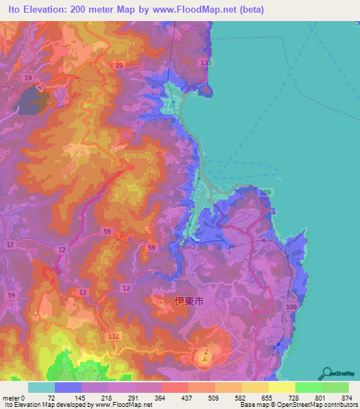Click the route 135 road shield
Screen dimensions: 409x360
pyautogui.click(x=205, y=63)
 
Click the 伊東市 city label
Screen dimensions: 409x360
pyautogui.click(x=189, y=301)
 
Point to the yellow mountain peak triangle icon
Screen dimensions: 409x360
pyautogui.click(x=205, y=360)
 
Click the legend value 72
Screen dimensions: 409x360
pyautogui.click(x=51, y=396)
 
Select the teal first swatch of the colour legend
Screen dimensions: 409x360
pyautogui.click(x=41, y=387)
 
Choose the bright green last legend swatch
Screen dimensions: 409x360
pyautogui.click(x=335, y=387)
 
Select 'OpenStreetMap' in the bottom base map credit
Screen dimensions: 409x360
pyautogui.click(x=310, y=405)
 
